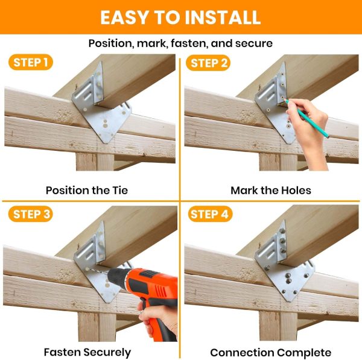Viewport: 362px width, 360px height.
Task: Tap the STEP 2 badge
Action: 209,62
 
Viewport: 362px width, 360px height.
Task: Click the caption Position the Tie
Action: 87,191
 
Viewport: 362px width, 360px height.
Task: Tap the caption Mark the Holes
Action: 271,191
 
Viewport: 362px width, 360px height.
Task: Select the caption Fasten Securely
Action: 87,352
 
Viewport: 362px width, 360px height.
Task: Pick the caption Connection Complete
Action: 270,352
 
